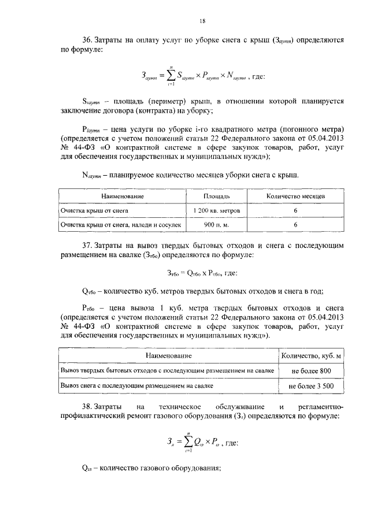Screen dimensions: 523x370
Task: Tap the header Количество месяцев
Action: point(295,197)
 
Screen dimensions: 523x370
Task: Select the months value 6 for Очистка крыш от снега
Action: point(295,211)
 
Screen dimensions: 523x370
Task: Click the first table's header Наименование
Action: point(123,197)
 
